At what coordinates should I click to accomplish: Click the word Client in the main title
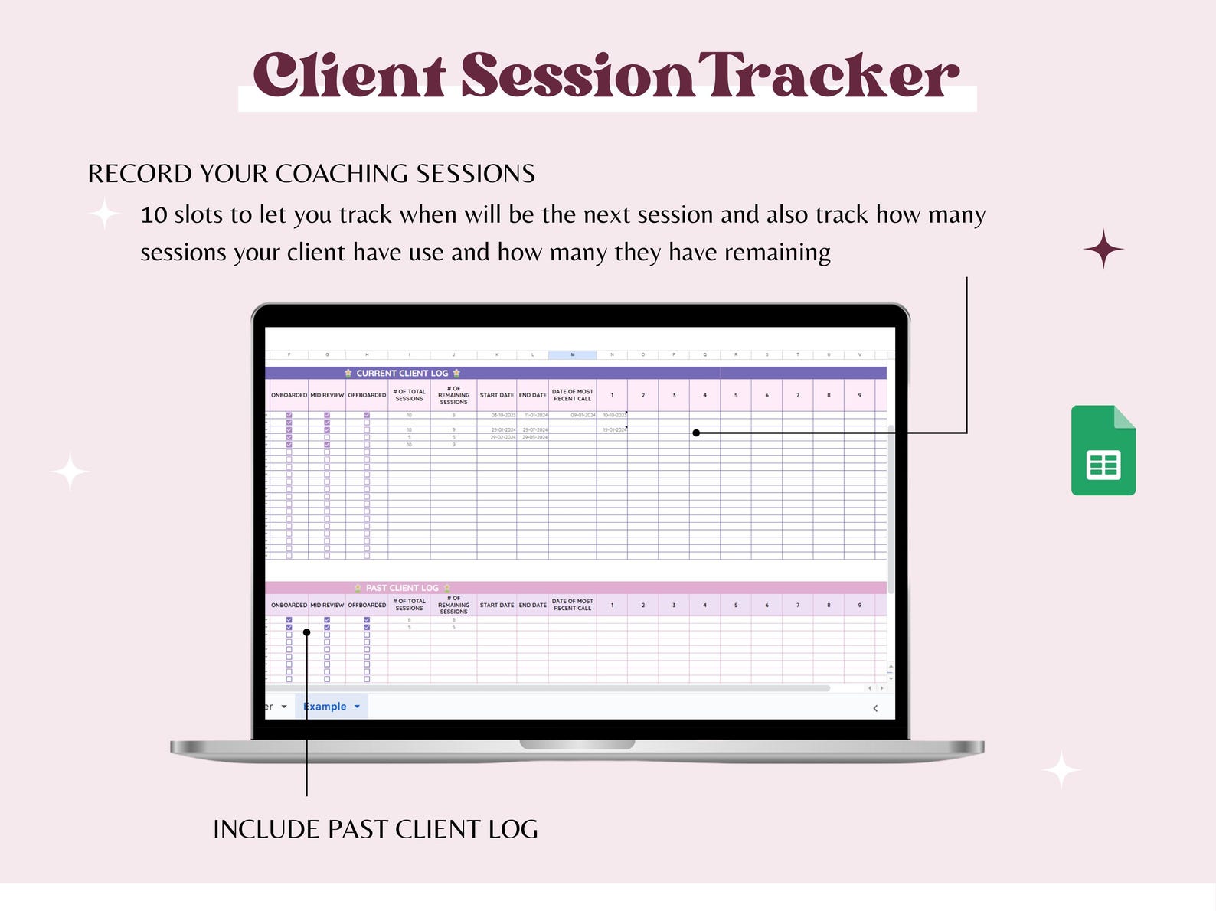coord(349,76)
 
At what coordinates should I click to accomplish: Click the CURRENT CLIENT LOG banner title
coord(402,374)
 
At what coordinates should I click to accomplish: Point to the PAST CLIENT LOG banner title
coord(402,588)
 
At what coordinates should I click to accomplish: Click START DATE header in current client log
coord(497,395)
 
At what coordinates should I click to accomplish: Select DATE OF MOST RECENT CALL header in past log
coord(572,605)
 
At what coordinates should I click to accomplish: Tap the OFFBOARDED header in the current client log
coord(367,395)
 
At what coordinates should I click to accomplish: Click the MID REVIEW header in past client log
coord(327,605)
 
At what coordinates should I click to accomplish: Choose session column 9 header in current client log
coord(859,395)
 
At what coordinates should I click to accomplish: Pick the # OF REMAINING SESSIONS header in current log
coord(453,395)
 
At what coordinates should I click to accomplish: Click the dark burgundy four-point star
coord(1103,249)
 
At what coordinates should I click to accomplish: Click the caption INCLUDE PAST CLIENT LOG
coord(375,829)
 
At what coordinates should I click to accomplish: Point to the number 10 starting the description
coord(154,215)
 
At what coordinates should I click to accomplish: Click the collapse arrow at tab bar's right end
coord(875,708)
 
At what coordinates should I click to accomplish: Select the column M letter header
coord(572,355)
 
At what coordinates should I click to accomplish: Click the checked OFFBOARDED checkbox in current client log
coord(367,415)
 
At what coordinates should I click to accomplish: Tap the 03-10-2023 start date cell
coord(503,415)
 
